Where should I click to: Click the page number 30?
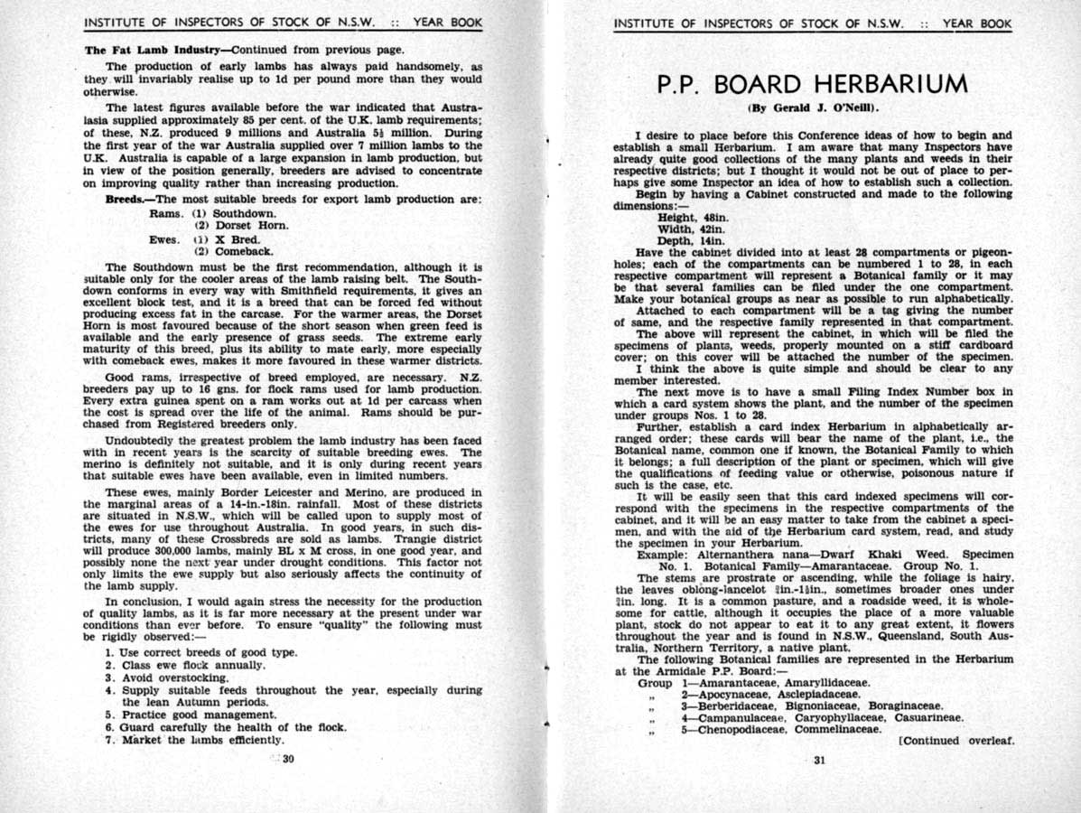288,759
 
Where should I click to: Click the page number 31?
819,760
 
